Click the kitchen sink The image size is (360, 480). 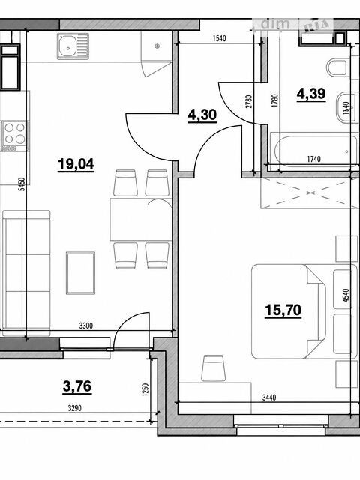click(73, 46)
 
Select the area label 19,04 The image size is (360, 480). click(76, 165)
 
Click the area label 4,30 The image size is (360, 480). click(202, 115)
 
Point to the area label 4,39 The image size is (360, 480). click(311, 94)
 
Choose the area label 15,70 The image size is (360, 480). click(283, 310)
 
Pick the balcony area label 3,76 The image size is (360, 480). click(77, 386)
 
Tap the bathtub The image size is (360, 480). click(314, 151)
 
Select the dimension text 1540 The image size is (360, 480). click(219, 38)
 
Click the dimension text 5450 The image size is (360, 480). click(22, 184)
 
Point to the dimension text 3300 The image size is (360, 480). click(85, 325)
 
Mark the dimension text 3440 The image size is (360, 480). click(269, 397)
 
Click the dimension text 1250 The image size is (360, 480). click(145, 390)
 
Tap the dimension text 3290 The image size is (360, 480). click(75, 408)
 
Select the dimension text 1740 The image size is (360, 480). click(313, 159)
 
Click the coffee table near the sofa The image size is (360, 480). click(80, 273)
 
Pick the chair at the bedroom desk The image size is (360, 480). click(213, 368)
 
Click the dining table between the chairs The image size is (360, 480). click(140, 219)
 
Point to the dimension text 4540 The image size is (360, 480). click(346, 295)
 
